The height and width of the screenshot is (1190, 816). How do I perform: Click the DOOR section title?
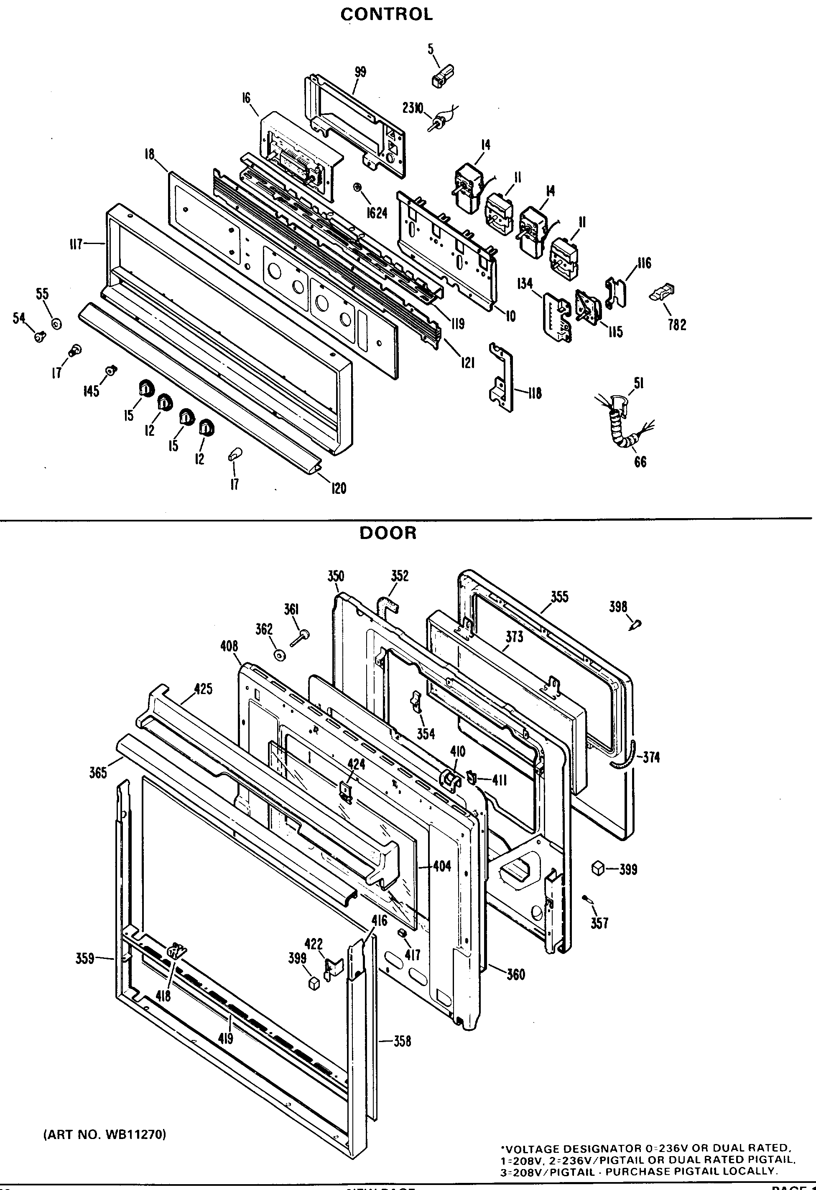pos(388,533)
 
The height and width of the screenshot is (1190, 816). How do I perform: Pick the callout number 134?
pos(525,283)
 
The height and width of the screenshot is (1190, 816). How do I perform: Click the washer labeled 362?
pos(280,655)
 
